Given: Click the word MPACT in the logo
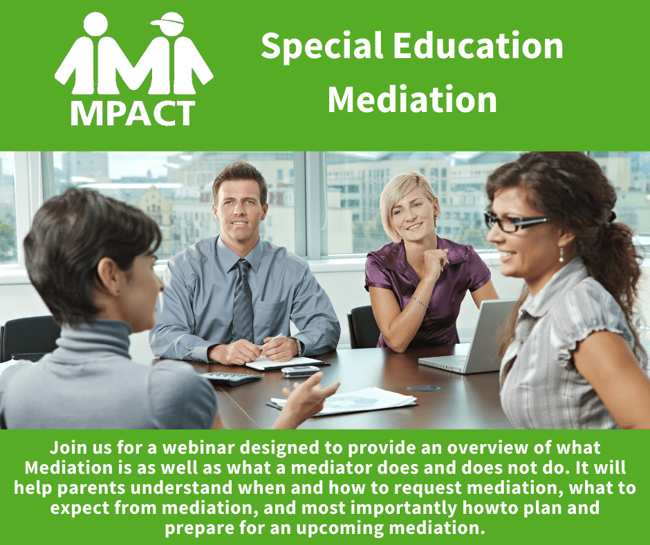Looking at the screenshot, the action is click(x=133, y=113).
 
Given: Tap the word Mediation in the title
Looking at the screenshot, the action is click(x=412, y=100).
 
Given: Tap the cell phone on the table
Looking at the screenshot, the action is click(x=301, y=371).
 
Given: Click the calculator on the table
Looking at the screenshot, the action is click(x=232, y=378).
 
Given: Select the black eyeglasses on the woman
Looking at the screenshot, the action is click(x=514, y=222).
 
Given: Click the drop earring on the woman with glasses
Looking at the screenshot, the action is click(x=561, y=255).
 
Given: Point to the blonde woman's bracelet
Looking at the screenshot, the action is click(x=420, y=302).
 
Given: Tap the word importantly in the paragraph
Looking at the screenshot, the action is click(x=404, y=508).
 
